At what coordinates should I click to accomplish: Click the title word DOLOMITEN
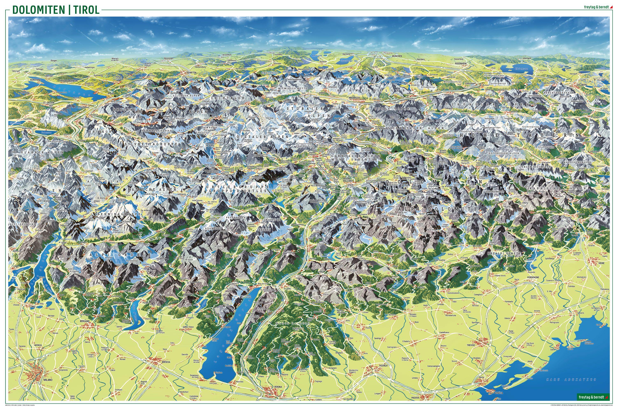[x=39, y=10]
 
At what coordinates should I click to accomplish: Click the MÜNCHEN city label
[x=397, y=56]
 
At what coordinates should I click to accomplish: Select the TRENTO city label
[x=316, y=250]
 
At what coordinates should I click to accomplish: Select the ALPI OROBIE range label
[x=120, y=254]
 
